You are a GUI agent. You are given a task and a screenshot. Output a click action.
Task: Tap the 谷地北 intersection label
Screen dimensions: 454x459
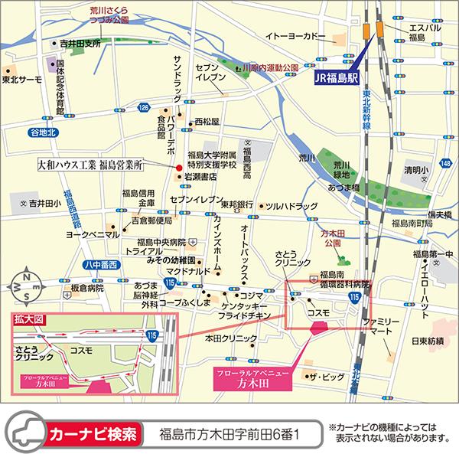pyautogui.click(x=43, y=132)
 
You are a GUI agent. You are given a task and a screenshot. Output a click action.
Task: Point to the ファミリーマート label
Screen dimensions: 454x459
pyautogui.click(x=381, y=329)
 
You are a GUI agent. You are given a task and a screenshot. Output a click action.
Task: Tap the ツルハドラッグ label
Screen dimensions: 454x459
pyautogui.click(x=291, y=207)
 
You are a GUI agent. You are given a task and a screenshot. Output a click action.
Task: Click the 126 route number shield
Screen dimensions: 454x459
pyautogui.click(x=143, y=110)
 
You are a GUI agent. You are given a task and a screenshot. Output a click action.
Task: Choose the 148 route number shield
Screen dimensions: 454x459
pyautogui.click(x=445, y=163)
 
